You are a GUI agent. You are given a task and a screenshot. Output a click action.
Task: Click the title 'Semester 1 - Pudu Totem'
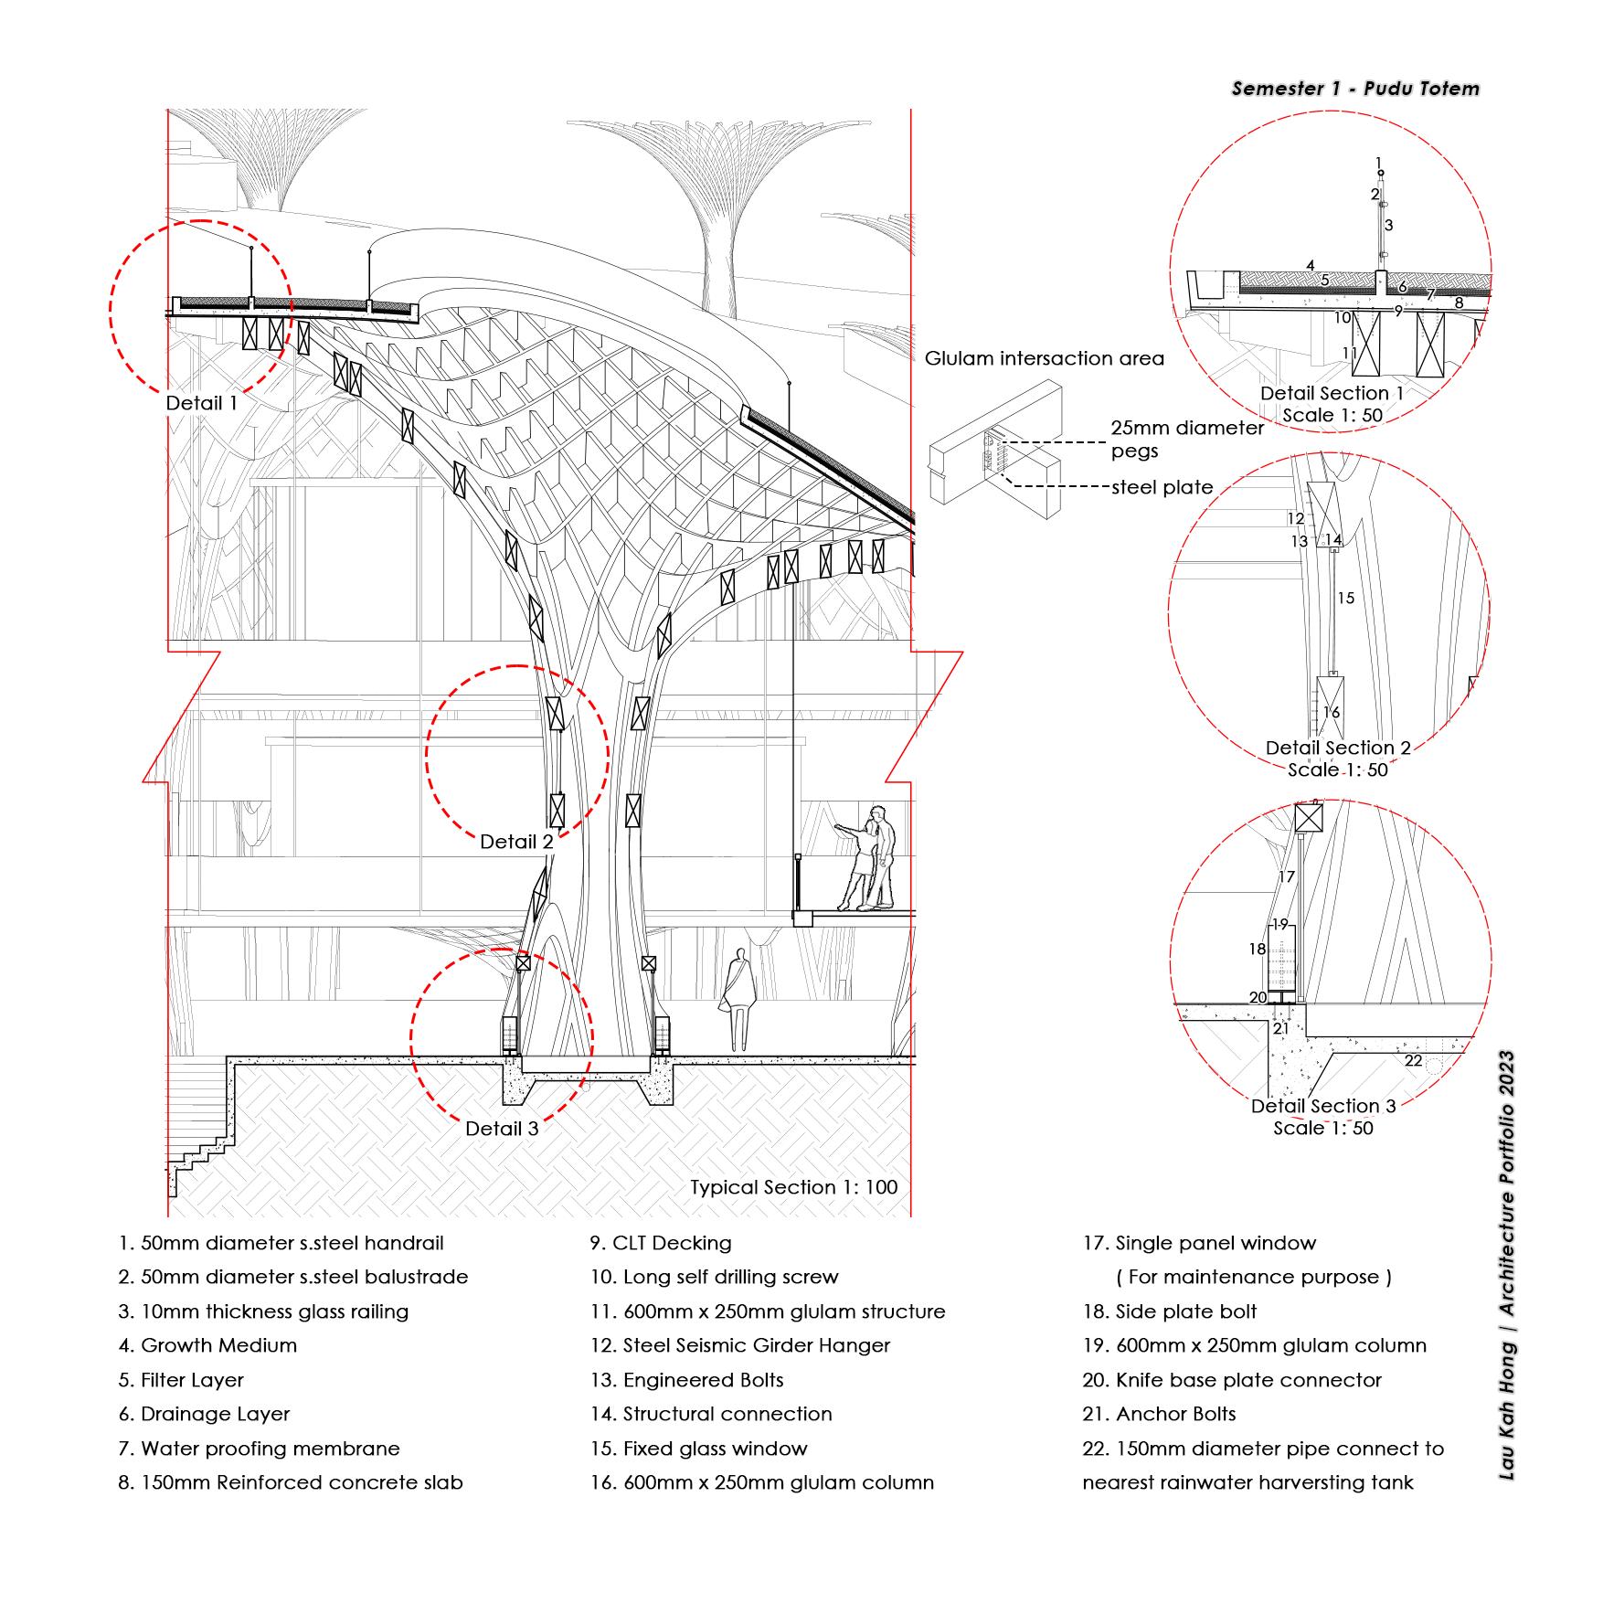point(1354,89)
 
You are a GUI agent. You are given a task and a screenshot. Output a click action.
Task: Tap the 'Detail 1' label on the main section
point(201,403)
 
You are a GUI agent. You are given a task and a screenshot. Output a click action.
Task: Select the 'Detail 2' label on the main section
point(516,842)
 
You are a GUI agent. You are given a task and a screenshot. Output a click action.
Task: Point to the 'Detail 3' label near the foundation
point(502,1129)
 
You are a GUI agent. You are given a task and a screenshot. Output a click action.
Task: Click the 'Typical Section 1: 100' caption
point(793,1187)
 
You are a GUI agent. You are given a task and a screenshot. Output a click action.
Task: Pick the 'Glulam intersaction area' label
point(1044,358)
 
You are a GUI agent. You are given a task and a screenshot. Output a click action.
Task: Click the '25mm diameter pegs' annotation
point(1186,439)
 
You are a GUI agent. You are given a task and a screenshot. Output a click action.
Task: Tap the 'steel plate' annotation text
point(1162,488)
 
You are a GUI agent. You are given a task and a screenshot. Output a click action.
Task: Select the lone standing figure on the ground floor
point(737,999)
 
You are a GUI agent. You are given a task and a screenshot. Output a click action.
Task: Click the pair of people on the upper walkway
point(868,859)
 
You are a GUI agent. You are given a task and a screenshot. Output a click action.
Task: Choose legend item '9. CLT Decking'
point(661,1243)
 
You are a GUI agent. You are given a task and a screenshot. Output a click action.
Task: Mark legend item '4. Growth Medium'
point(207,1345)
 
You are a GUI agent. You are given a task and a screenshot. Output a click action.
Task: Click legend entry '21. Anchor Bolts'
point(1159,1414)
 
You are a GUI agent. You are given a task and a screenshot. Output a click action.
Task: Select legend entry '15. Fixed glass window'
point(699,1449)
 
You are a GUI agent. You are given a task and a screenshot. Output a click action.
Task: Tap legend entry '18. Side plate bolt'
point(1169,1311)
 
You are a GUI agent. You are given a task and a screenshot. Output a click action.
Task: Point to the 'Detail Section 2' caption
point(1337,748)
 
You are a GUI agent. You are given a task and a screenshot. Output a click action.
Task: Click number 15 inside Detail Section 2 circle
point(1345,599)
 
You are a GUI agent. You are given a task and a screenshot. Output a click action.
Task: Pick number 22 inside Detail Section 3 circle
point(1413,1060)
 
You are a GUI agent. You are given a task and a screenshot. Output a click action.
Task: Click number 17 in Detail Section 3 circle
point(1287,876)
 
